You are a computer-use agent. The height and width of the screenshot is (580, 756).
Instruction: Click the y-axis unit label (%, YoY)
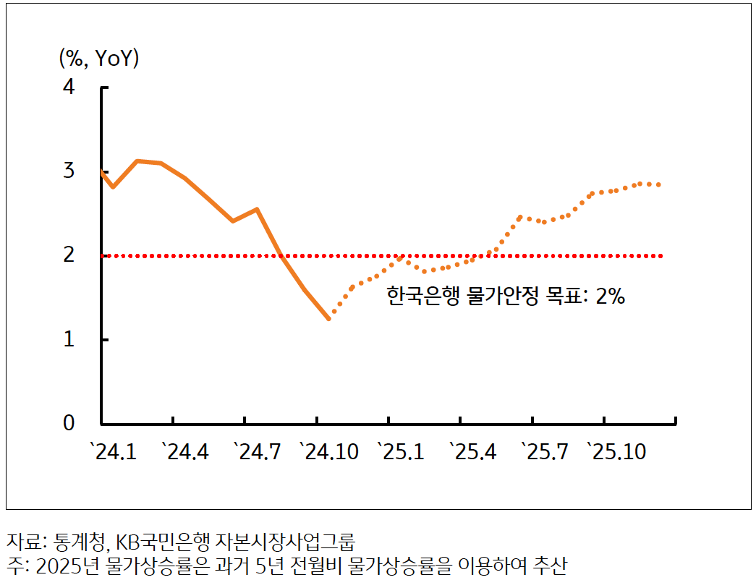(x=99, y=59)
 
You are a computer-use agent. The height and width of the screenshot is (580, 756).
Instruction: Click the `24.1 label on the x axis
(x=114, y=453)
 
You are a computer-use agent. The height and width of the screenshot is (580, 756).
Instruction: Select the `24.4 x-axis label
(x=185, y=453)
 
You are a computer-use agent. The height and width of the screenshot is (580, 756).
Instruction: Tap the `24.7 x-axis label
(x=257, y=453)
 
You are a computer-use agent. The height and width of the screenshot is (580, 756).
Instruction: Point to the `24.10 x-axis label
(x=330, y=453)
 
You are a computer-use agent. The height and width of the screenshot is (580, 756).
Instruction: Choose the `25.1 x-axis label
(x=401, y=453)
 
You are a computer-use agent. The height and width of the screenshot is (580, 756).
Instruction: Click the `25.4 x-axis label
(x=472, y=453)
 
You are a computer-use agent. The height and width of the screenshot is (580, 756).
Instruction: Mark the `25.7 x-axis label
(x=544, y=453)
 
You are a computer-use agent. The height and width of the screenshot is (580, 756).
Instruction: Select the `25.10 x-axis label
(x=616, y=453)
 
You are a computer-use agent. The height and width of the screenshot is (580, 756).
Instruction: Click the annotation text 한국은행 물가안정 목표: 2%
(x=505, y=297)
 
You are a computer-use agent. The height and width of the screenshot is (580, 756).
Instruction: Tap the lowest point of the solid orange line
(x=328, y=318)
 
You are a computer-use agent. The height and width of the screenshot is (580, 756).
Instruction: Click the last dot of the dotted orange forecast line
(x=658, y=184)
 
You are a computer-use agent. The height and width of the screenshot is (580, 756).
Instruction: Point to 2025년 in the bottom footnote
(x=64, y=565)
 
